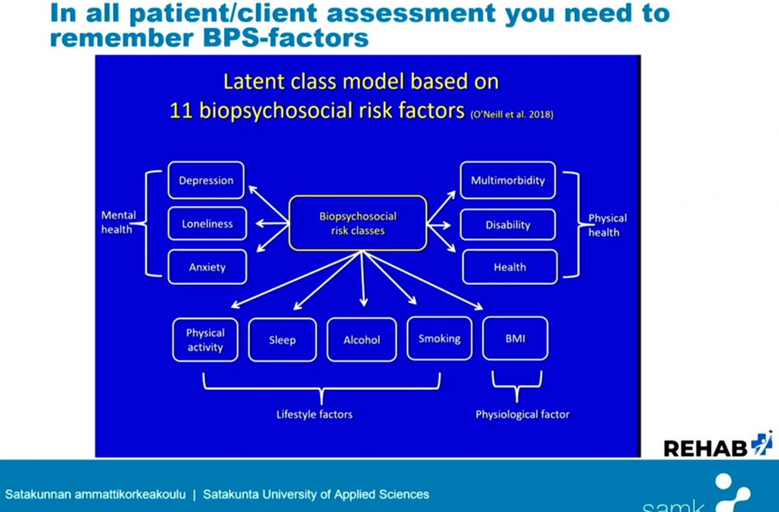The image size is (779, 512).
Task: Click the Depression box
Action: point(206,180)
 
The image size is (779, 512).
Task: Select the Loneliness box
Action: point(207,223)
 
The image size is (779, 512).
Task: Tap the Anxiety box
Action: point(207,267)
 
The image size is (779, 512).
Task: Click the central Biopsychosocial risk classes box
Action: point(358,223)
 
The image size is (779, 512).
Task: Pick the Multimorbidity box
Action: point(508,180)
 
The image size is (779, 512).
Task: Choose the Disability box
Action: point(508,225)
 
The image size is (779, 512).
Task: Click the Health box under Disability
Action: point(510,267)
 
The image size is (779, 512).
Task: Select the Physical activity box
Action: point(205,339)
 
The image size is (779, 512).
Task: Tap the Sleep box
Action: point(282,339)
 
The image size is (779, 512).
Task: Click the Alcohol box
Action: point(362,339)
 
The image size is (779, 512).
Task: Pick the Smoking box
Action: point(439,338)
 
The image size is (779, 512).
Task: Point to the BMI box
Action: point(515,338)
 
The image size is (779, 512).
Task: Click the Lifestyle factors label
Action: point(314,414)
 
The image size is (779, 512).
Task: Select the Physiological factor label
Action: point(523,414)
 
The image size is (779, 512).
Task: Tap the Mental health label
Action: point(118,222)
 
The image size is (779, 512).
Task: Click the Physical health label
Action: point(607,225)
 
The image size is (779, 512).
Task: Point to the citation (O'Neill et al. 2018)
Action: point(512,114)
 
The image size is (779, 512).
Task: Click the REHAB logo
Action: point(718,445)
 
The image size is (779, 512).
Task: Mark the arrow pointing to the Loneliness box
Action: point(272,223)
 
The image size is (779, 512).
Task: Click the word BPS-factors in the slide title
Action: point(286,38)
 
